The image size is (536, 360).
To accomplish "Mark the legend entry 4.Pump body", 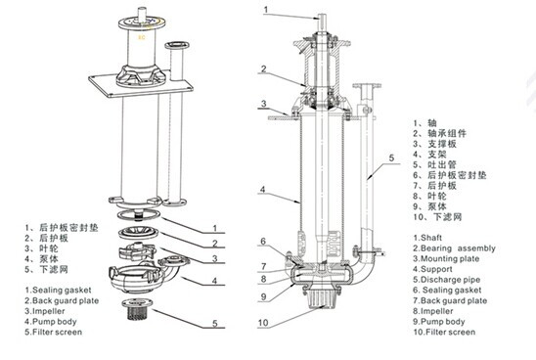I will [x=53, y=320].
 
